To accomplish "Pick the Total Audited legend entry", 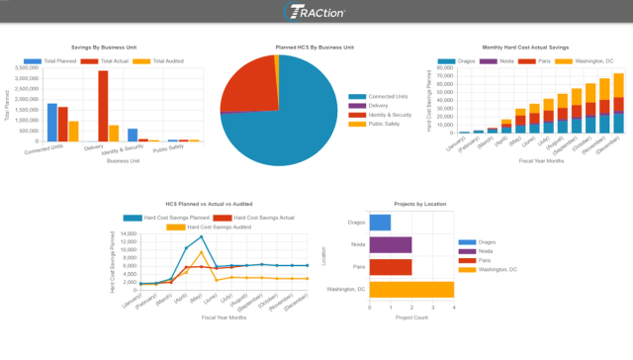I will coord(154,60).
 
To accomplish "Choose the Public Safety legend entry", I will coord(382,124).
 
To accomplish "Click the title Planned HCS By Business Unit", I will coord(314,46).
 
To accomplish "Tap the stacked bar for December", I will coord(618,103).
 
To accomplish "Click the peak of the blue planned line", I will coord(202,236).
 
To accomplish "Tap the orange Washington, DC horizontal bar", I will coord(409,289).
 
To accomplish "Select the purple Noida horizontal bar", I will coord(391,244).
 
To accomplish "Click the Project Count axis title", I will coord(409,318).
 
